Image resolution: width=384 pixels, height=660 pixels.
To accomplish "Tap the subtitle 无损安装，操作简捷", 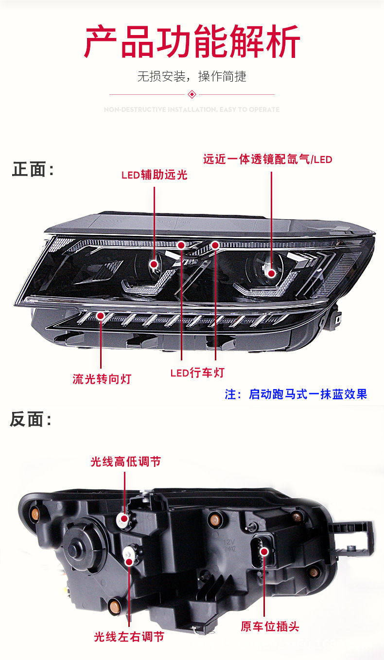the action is [x=192, y=76].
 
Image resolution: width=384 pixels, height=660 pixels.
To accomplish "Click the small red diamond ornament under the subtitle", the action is [x=192, y=94].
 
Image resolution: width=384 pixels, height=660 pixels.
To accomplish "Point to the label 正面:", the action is [x=33, y=170].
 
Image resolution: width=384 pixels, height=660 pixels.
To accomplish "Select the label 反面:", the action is [x=31, y=419].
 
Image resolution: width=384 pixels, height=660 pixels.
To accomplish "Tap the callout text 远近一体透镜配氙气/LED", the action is [x=268, y=160].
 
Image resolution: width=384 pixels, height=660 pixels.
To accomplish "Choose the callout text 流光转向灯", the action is [x=102, y=378].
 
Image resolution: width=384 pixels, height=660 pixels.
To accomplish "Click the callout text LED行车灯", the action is [x=197, y=373].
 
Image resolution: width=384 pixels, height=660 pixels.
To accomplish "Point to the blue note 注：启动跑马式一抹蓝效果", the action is [x=296, y=394].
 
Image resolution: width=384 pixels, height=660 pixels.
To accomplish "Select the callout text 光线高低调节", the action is [x=125, y=461].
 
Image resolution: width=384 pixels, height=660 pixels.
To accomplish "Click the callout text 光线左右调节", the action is [x=129, y=636].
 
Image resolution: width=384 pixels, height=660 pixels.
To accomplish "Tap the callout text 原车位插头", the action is [x=270, y=626].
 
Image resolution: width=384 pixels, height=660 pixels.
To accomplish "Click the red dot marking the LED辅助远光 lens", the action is [x=155, y=265].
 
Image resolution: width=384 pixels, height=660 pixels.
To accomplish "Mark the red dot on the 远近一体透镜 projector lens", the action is [x=271, y=272].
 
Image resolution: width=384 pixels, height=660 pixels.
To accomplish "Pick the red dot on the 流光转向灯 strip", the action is [x=101, y=316].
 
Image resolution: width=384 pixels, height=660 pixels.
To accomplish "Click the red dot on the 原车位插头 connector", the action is [x=264, y=551].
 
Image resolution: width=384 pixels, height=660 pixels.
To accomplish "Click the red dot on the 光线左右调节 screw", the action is [x=129, y=561].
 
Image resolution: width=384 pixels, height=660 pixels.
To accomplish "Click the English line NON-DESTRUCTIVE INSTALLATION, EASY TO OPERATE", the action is [x=192, y=109].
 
